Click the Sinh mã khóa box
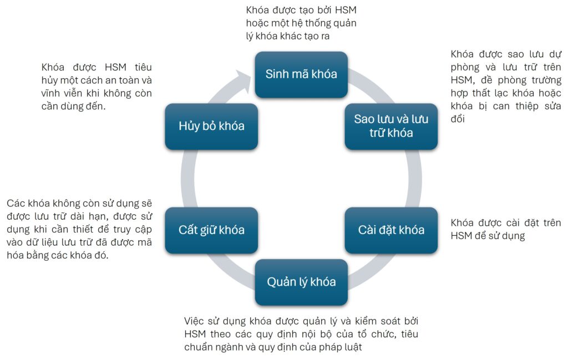point(301,74)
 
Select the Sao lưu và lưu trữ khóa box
point(391,126)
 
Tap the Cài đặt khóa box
point(391,230)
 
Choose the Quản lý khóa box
point(301,282)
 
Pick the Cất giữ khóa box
point(211,230)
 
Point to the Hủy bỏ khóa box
point(211,126)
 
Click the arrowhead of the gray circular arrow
point(242,78)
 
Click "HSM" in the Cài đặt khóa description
point(461,236)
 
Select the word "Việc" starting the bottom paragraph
point(194,321)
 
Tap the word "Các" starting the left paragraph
point(16,203)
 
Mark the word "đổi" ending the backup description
point(460,119)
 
